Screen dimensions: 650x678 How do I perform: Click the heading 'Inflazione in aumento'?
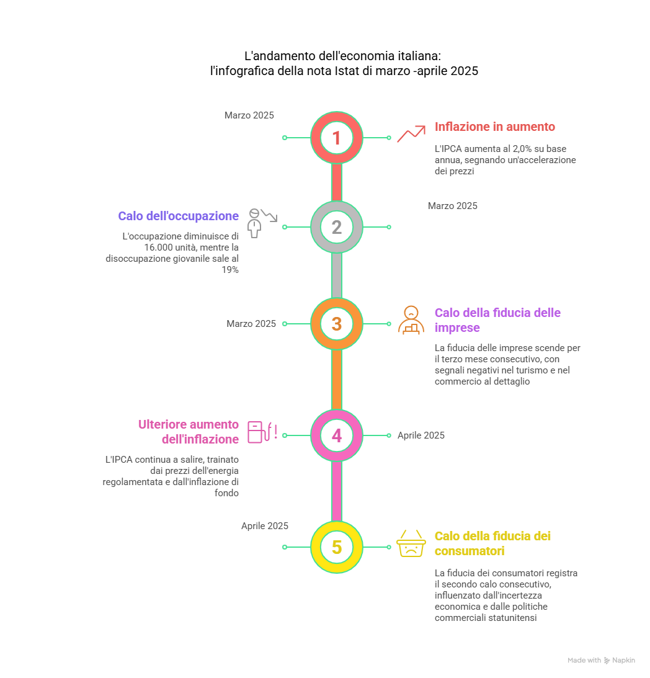pos(495,127)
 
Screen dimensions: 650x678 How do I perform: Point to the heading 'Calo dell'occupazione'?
pos(178,216)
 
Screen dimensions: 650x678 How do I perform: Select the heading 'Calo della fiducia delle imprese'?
pos(497,320)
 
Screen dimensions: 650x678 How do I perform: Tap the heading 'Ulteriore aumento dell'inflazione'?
pos(189,432)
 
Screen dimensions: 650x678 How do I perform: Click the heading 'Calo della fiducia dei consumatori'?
pos(492,543)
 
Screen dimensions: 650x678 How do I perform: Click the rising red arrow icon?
pos(411,133)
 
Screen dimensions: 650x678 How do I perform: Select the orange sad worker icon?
pos(411,321)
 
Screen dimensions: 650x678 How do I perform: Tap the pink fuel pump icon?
pos(262,432)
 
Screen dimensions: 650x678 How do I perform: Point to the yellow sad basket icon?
pos(411,543)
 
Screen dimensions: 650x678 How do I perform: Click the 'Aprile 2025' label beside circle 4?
pos(421,435)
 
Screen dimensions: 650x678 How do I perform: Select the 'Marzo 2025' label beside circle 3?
pos(251,324)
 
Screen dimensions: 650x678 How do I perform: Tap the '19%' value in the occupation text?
pos(230,270)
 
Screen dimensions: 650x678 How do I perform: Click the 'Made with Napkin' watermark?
pos(601,660)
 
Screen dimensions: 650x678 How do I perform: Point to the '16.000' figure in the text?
pos(158,248)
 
